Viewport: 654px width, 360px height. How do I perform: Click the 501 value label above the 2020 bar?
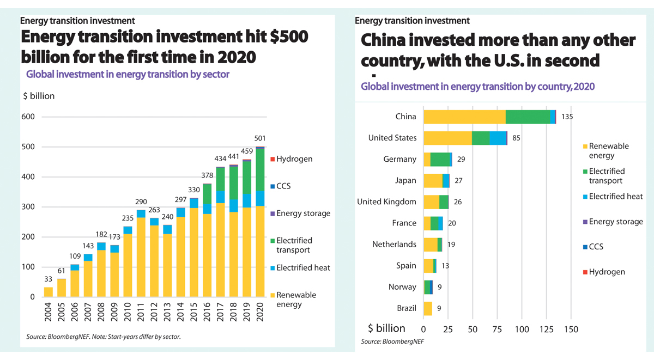pyautogui.click(x=260, y=138)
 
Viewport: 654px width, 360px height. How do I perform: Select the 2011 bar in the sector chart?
pyautogui.click(x=141, y=253)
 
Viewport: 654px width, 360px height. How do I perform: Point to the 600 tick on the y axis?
pyautogui.click(x=28, y=117)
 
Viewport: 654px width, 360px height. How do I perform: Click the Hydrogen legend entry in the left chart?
pyautogui.click(x=294, y=159)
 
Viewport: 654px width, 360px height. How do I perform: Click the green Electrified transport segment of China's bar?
pyautogui.click(x=528, y=117)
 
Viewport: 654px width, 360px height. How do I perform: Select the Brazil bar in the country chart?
pyautogui.click(x=428, y=308)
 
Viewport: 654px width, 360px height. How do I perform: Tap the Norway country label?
pyautogui.click(x=402, y=287)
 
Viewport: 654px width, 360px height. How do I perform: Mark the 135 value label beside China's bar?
pyautogui.click(x=567, y=117)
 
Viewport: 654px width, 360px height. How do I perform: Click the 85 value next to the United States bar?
pyautogui.click(x=517, y=138)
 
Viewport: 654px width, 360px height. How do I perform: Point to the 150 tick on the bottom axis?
pyautogui.click(x=571, y=329)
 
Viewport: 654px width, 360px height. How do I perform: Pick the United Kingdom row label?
pyautogui.click(x=386, y=202)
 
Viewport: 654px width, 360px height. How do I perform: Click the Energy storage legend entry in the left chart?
pyautogui.click(x=303, y=213)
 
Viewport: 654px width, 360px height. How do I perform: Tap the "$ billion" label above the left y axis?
pyautogui.click(x=39, y=96)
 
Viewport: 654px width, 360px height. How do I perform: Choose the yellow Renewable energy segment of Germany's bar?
pyautogui.click(x=427, y=159)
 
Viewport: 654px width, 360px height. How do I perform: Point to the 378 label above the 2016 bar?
pyautogui.click(x=207, y=175)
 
